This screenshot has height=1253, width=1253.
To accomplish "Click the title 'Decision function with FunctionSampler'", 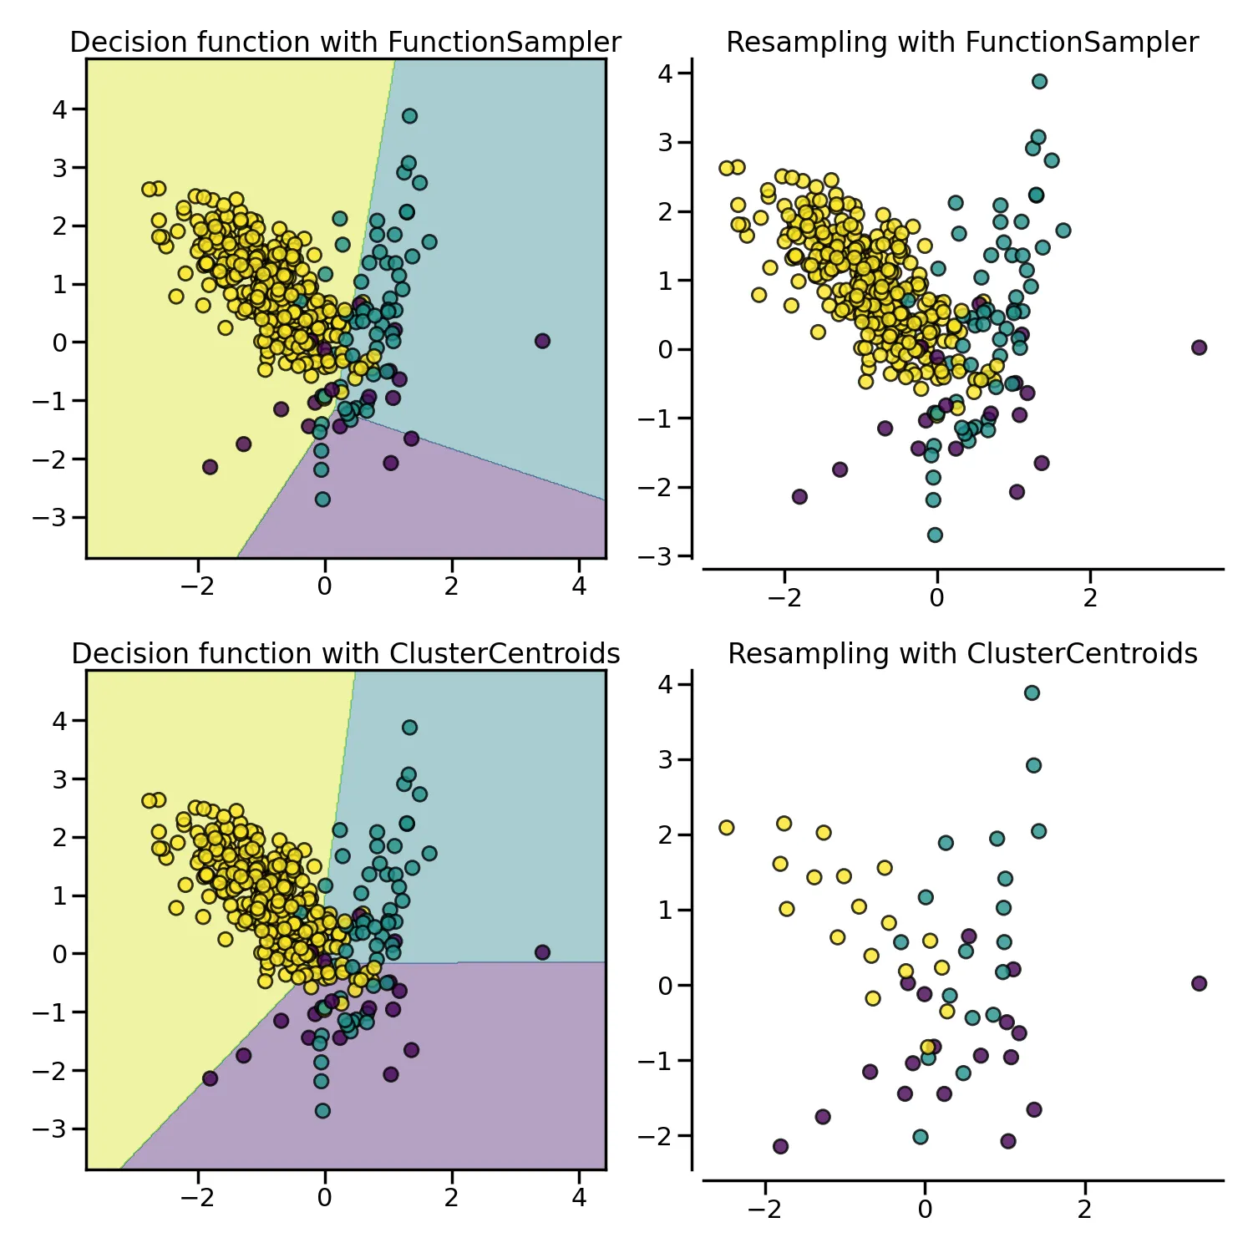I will click(345, 43).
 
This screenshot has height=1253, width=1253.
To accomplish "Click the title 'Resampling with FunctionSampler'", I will click(962, 43).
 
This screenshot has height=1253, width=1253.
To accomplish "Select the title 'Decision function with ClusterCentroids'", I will click(345, 654).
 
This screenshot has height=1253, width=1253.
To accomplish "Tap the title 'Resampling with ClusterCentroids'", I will click(962, 654).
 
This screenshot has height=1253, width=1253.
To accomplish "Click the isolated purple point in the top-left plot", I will click(542, 341).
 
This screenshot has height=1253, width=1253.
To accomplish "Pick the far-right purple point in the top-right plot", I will click(1199, 347).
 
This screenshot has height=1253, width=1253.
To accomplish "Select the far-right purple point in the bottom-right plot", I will click(1199, 983).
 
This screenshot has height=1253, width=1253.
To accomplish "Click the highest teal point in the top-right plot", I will click(1039, 81).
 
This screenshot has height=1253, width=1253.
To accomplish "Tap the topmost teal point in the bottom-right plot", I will click(1032, 692).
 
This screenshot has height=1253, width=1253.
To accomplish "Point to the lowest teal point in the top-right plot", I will click(935, 535).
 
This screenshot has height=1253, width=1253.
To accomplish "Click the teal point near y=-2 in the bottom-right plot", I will click(921, 1137).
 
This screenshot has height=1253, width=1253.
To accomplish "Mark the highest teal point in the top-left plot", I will click(409, 116).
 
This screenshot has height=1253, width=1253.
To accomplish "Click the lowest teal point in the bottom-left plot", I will click(322, 1111).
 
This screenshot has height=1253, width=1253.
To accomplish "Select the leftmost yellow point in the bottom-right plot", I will click(727, 828).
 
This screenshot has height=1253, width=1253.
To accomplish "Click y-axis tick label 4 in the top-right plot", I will click(665, 74).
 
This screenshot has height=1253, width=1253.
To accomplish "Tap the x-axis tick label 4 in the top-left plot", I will click(579, 587).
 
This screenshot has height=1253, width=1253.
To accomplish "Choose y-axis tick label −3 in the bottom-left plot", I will click(49, 1129).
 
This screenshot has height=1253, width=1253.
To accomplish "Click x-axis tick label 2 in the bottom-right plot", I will click(1084, 1210).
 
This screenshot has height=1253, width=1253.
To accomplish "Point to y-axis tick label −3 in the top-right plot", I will click(655, 556).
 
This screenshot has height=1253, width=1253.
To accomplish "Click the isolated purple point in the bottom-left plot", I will click(542, 952).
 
